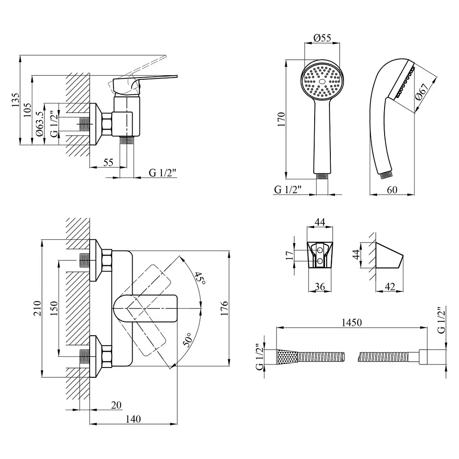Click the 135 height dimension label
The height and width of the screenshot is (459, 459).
tap(15, 100)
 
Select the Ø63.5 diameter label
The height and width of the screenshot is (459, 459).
tap(39, 124)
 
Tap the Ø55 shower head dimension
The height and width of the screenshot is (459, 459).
tap(322, 38)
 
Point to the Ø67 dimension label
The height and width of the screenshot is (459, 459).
tap(422, 92)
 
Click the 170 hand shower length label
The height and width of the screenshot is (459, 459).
tap(281, 119)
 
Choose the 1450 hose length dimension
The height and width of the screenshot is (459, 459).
tap(351, 322)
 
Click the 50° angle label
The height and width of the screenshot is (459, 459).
tap(188, 340)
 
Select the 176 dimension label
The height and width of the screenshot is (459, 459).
tap(224, 308)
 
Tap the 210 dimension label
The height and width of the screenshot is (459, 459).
tap(38, 308)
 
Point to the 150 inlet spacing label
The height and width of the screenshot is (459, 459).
tap(54, 308)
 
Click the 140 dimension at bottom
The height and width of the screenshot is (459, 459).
tap(133, 419)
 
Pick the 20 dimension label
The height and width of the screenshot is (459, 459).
tap(116, 405)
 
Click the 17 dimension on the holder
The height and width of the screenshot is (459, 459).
tap(289, 255)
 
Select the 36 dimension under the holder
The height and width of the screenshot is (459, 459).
tap(320, 286)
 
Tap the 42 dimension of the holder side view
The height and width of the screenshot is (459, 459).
tap(390, 286)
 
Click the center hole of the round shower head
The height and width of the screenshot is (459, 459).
tap(322, 82)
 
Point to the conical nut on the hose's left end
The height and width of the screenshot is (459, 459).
tap(287, 357)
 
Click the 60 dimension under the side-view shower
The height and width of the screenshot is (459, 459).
tap(392, 190)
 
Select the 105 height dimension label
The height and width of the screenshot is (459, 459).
tap(27, 110)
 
